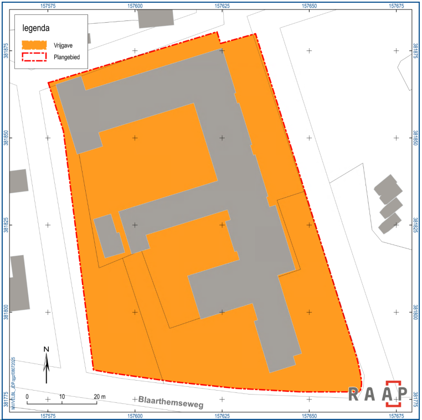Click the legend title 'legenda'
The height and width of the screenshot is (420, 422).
click(37, 28)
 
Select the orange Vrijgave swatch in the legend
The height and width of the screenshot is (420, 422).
click(33, 44)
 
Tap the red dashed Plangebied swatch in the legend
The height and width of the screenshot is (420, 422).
click(33, 56)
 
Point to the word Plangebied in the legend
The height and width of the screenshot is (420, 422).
click(66, 56)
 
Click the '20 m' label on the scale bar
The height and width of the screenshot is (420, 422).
click(100, 397)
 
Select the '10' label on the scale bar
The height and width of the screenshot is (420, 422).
click(62, 397)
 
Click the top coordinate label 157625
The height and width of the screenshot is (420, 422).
click(222, 6)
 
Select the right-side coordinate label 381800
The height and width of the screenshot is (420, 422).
click(416, 312)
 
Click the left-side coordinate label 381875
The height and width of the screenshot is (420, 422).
click(6, 51)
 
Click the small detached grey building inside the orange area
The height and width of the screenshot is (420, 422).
click(109, 236)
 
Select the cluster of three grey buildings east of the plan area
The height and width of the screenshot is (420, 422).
click(389, 204)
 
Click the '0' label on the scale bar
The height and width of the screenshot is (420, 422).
click(27, 397)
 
